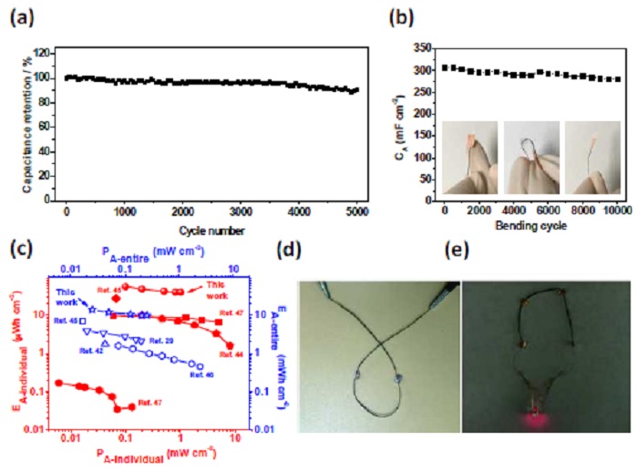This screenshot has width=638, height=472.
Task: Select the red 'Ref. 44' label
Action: coord(233,356)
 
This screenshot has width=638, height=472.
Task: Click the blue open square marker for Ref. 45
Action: coord(83,321)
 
